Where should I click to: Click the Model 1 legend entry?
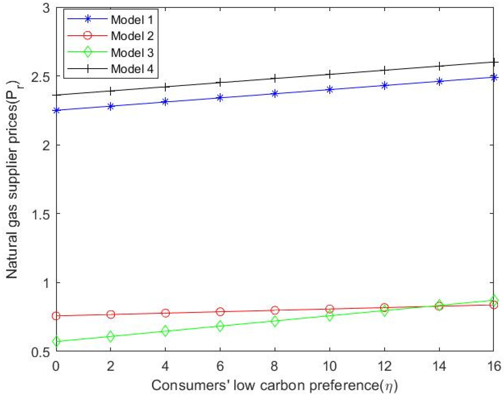(132, 20)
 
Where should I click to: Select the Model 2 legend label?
(132, 36)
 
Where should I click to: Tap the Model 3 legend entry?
(132, 52)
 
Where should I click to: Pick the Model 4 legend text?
(132, 69)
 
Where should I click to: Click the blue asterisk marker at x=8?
(275, 94)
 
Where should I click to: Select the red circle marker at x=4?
(165, 313)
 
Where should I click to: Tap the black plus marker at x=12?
(384, 70)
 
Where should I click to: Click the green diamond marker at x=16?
(493, 300)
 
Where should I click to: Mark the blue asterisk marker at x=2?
(111, 106)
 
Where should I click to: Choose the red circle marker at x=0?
(56, 316)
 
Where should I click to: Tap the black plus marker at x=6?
(220, 83)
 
